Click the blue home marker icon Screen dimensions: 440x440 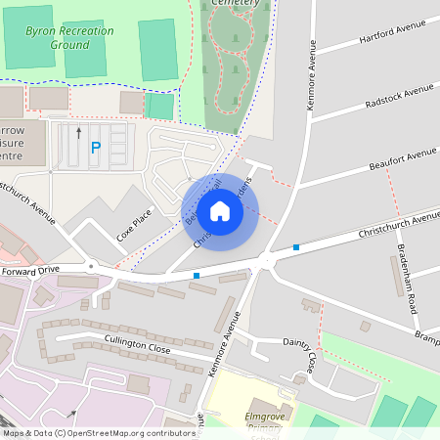[x=220, y=210]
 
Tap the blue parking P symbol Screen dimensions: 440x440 [x=95, y=148]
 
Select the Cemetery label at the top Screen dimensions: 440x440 [x=236, y=4]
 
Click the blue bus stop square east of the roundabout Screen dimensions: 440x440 [x=295, y=247]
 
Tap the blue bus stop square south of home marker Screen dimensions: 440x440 [x=197, y=276]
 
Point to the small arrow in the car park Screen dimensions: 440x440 [x=79, y=129]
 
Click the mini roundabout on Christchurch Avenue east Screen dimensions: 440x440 [x=266, y=260]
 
